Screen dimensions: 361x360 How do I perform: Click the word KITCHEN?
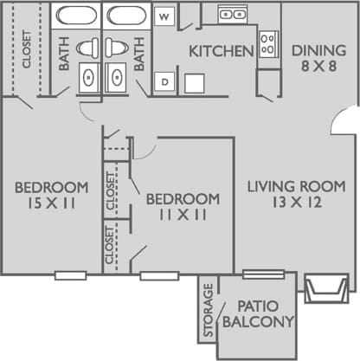(222, 51)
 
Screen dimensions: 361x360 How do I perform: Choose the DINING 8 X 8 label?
(315, 58)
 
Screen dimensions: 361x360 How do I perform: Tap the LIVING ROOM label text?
(297, 186)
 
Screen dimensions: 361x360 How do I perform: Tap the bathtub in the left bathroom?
(74, 16)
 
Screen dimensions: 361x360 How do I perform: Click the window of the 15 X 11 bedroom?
(70, 276)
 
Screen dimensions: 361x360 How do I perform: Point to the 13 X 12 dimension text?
(297, 203)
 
